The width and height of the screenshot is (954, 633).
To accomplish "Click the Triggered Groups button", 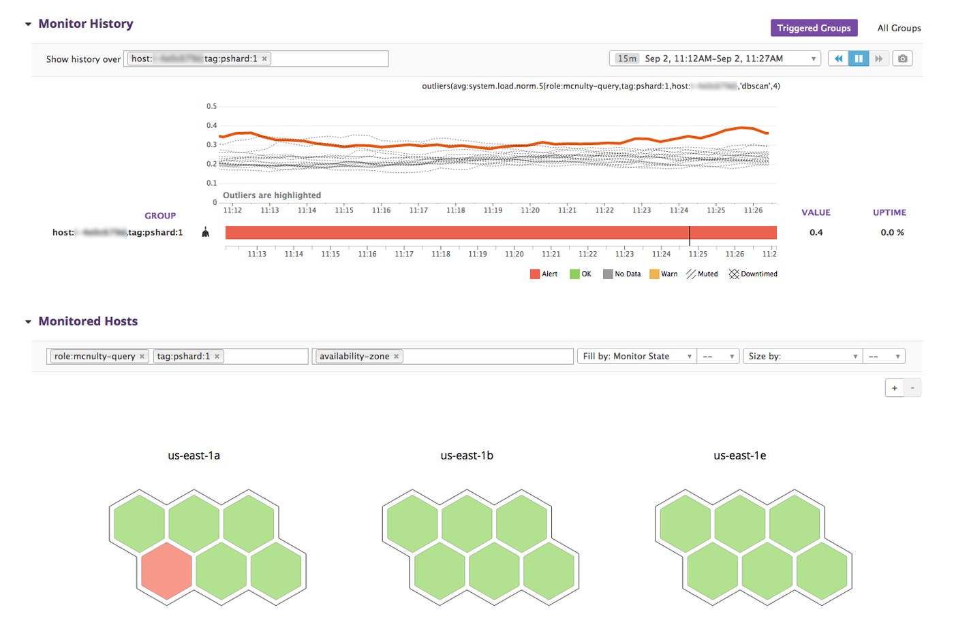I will point(814,28).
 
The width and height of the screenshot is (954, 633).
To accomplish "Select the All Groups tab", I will point(899,28).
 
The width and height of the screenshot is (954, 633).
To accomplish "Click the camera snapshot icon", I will point(902,59).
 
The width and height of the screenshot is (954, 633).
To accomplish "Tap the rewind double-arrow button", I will point(838,59).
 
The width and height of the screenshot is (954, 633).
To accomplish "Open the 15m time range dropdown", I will point(714,59).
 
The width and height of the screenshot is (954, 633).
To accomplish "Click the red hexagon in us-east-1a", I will point(166,570).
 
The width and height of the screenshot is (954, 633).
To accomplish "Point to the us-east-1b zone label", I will point(467,455).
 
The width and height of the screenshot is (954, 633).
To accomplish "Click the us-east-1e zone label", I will point(739,455).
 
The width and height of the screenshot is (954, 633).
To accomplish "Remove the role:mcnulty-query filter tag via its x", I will point(142,356).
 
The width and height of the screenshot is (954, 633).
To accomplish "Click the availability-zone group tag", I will point(354,356).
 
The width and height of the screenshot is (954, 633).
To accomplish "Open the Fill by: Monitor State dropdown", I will point(636,356).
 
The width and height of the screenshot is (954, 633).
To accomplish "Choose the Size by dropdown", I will point(802,356).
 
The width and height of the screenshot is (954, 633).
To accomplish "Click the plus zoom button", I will point(894,388).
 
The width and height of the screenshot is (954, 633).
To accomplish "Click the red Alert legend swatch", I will point(535,274).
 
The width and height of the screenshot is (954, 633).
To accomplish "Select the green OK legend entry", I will point(581,274).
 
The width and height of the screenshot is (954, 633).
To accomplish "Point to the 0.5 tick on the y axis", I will point(211,106).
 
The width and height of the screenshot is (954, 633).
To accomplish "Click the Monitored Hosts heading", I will point(88,321).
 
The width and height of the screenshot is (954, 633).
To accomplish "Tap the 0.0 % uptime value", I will point(892,232).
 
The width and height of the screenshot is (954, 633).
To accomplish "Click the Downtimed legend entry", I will point(753,274).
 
